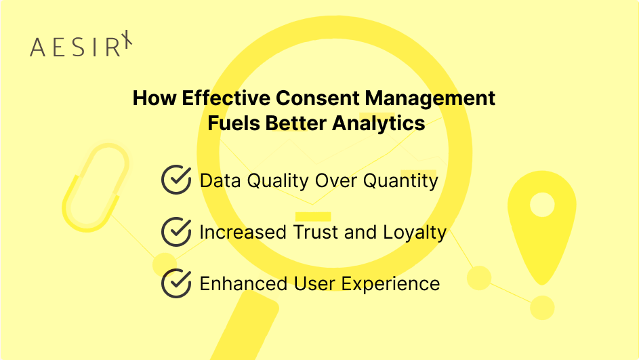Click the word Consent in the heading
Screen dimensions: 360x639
[319, 98]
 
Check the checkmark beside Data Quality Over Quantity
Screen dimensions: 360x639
[176, 180]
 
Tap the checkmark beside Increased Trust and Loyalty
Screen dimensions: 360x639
[176, 232]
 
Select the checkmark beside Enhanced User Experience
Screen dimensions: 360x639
[176, 283]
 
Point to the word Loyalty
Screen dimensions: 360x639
[415, 233]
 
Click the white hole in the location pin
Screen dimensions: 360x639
[542, 204]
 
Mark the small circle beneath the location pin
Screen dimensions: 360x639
[542, 307]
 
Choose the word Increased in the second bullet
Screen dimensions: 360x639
[243, 233]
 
